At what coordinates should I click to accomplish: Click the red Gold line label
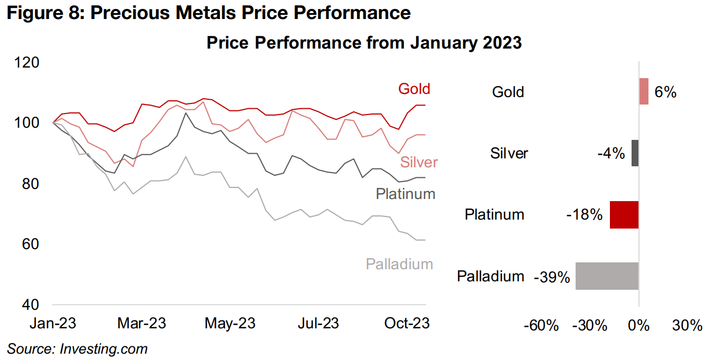414,89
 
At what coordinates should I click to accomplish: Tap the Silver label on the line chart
419,162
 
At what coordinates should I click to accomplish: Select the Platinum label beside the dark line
405,194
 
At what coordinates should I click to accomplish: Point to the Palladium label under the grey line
399,264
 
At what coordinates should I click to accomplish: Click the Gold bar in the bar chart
643,91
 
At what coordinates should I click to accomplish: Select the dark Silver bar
635,153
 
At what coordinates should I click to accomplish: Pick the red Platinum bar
624,214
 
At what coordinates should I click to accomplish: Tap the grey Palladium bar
607,276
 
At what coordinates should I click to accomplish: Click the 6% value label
665,92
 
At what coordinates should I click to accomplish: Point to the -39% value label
552,277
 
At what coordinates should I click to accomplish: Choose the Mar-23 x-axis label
142,323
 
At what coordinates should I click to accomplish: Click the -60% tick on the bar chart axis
541,325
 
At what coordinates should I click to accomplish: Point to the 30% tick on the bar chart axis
688,325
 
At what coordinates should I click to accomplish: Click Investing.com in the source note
104,348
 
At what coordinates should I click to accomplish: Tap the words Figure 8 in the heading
43,13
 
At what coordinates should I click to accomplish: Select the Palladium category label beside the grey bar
491,277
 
